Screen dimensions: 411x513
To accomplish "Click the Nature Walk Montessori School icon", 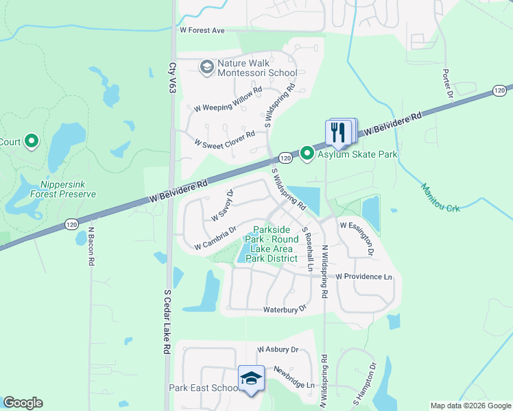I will pyautogui.click(x=206, y=67).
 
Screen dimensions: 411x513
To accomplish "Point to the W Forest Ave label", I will pyautogui.click(x=202, y=31).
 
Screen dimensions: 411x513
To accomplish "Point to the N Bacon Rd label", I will pyautogui.click(x=91, y=246).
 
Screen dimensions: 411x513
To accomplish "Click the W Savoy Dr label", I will pyautogui.click(x=223, y=205).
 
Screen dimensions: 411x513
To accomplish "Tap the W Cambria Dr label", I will pyautogui.click(x=215, y=238).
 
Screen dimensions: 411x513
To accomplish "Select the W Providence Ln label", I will pyautogui.click(x=364, y=277).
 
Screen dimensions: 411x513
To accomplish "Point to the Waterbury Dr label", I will pyautogui.click(x=285, y=310).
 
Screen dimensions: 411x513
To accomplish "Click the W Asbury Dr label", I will pyautogui.click(x=278, y=349).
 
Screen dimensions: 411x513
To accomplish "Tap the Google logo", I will pyautogui.click(x=23, y=403).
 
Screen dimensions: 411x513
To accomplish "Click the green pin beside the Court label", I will pyautogui.click(x=31, y=142).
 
